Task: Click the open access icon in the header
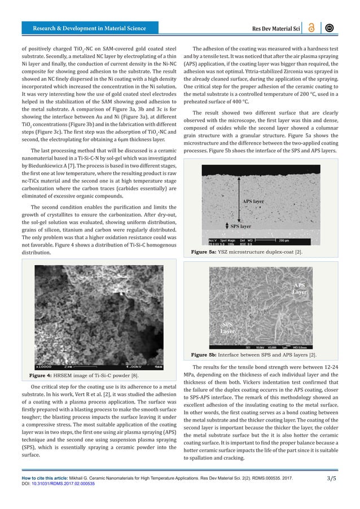[x=311, y=28]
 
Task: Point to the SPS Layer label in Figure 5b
[x=227, y=328]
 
